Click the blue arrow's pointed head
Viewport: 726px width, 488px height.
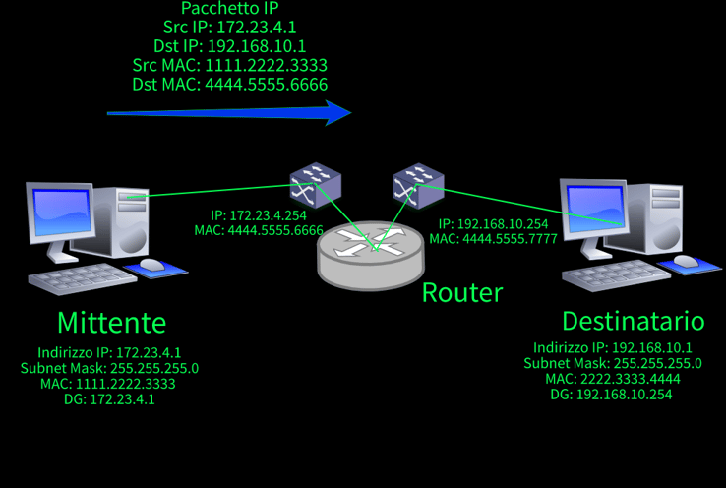(x=350, y=112)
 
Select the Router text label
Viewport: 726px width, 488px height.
(x=462, y=293)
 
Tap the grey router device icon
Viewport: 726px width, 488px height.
(x=371, y=255)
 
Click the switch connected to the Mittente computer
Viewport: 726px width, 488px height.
(x=316, y=184)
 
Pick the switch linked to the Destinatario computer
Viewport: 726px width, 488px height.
(x=418, y=185)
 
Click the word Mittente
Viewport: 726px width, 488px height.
(x=111, y=323)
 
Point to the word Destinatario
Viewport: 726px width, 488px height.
(x=634, y=321)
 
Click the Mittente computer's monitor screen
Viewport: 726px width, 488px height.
(x=62, y=212)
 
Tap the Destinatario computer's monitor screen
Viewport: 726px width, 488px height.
(x=595, y=209)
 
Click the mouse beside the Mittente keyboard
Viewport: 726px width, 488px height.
(x=152, y=265)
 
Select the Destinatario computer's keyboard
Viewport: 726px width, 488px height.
(x=616, y=275)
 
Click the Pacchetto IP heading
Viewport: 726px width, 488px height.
(x=229, y=8)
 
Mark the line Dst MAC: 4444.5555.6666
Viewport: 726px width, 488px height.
(x=229, y=85)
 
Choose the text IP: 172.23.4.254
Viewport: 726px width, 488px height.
(x=259, y=215)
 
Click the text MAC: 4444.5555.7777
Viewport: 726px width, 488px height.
(x=493, y=238)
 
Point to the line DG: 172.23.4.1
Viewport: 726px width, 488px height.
(x=109, y=399)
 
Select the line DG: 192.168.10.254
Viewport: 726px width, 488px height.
(x=611, y=395)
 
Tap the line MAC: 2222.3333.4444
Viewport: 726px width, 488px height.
(x=613, y=379)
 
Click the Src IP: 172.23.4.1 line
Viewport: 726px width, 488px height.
(x=229, y=27)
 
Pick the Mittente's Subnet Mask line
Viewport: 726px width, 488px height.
(x=109, y=368)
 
